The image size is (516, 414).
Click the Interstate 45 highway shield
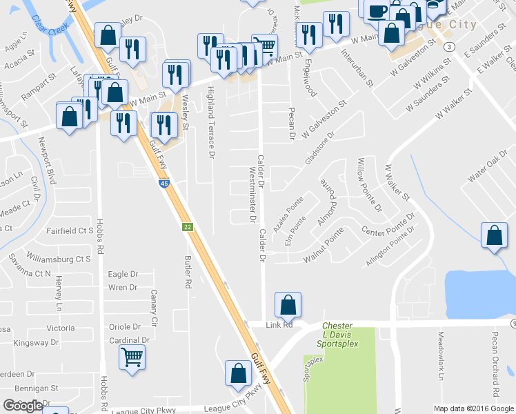pos(163,184)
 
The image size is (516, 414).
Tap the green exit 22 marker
pos(187,227)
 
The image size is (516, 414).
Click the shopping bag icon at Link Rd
pos(288,304)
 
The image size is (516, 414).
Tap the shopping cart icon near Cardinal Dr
pos(132,357)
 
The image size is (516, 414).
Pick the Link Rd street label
pos(279,324)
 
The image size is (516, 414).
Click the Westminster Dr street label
pos(252,197)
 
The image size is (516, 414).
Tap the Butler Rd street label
pos(187,268)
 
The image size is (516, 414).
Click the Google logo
pos(23,406)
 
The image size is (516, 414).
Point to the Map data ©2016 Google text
pos(474,408)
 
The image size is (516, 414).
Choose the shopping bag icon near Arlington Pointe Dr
pos(494,235)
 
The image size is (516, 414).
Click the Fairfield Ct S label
pos(69,230)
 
